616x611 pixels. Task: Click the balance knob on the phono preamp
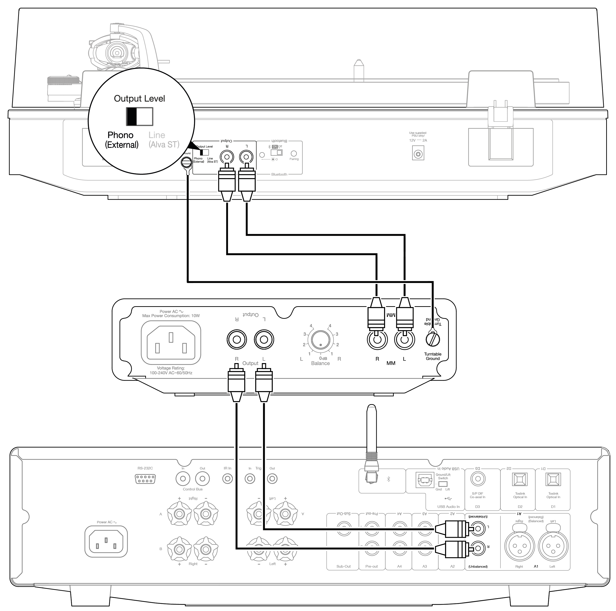[x=320, y=340]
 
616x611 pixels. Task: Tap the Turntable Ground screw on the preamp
[x=433, y=339]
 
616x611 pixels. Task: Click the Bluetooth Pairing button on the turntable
[x=294, y=153]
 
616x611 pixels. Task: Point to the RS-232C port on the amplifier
[x=145, y=479]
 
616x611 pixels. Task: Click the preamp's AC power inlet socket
[x=171, y=343]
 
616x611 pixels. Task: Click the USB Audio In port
[x=425, y=480]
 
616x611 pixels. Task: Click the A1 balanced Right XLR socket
[x=519, y=546]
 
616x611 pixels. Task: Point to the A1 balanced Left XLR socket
[x=553, y=546]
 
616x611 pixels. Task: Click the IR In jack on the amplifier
[x=227, y=479]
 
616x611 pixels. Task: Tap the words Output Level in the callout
[x=139, y=99]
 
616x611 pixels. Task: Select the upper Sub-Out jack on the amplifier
[x=343, y=529]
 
